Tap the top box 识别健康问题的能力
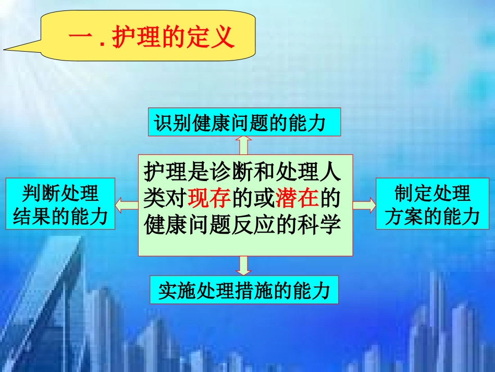coord(243,123)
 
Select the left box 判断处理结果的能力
coord(60,204)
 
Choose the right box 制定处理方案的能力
coord(432,204)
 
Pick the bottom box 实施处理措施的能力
coord(244,290)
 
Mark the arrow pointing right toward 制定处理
coord(363,205)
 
